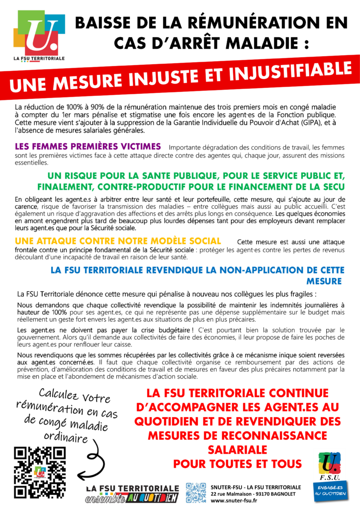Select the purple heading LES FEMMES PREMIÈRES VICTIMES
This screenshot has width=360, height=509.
(88, 147)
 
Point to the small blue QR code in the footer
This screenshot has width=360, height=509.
(196, 493)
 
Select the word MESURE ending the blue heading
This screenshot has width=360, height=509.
(324, 281)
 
